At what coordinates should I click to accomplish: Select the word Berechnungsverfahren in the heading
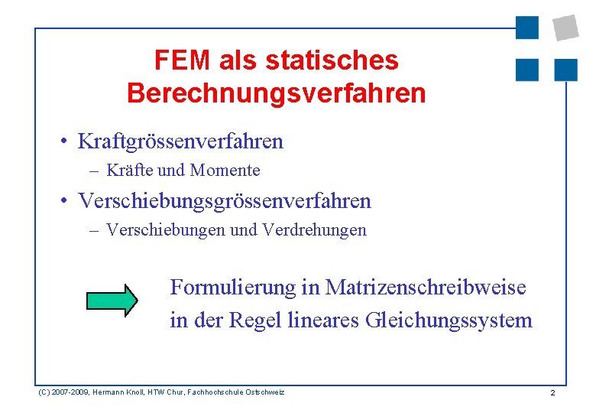[x=276, y=93]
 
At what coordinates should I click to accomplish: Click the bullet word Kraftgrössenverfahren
[x=180, y=141]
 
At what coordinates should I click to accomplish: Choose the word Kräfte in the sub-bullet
[x=129, y=170]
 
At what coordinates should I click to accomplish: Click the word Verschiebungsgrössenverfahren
[x=225, y=201]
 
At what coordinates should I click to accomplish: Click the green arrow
[x=112, y=299]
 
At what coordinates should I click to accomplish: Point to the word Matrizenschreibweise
[x=426, y=288]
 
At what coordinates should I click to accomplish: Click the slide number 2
[x=552, y=392]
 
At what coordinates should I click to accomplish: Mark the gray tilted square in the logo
[x=565, y=27]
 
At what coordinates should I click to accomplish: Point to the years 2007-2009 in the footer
[x=67, y=392]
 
